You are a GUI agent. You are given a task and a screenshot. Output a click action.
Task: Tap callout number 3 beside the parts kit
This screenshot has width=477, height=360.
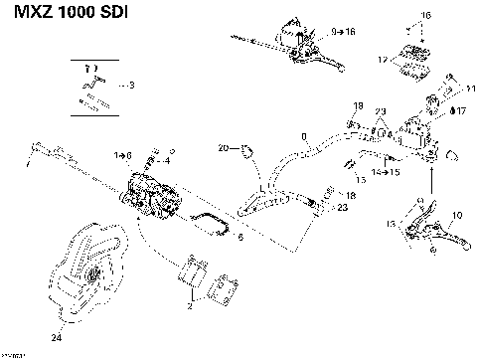(132, 86)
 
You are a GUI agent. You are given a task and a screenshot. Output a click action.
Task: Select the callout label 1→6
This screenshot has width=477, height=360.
(123, 155)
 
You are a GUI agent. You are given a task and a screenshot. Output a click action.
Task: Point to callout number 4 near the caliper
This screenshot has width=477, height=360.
(166, 160)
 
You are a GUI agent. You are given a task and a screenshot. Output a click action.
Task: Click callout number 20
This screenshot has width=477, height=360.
(224, 148)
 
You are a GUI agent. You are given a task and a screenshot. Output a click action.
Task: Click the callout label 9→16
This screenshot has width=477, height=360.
(343, 33)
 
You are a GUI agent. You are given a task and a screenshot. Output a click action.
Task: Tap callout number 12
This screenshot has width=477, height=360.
(383, 61)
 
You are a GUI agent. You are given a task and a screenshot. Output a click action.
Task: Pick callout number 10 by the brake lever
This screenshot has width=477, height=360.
(456, 215)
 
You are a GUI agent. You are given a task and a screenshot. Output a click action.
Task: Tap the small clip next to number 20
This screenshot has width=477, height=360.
(244, 151)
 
